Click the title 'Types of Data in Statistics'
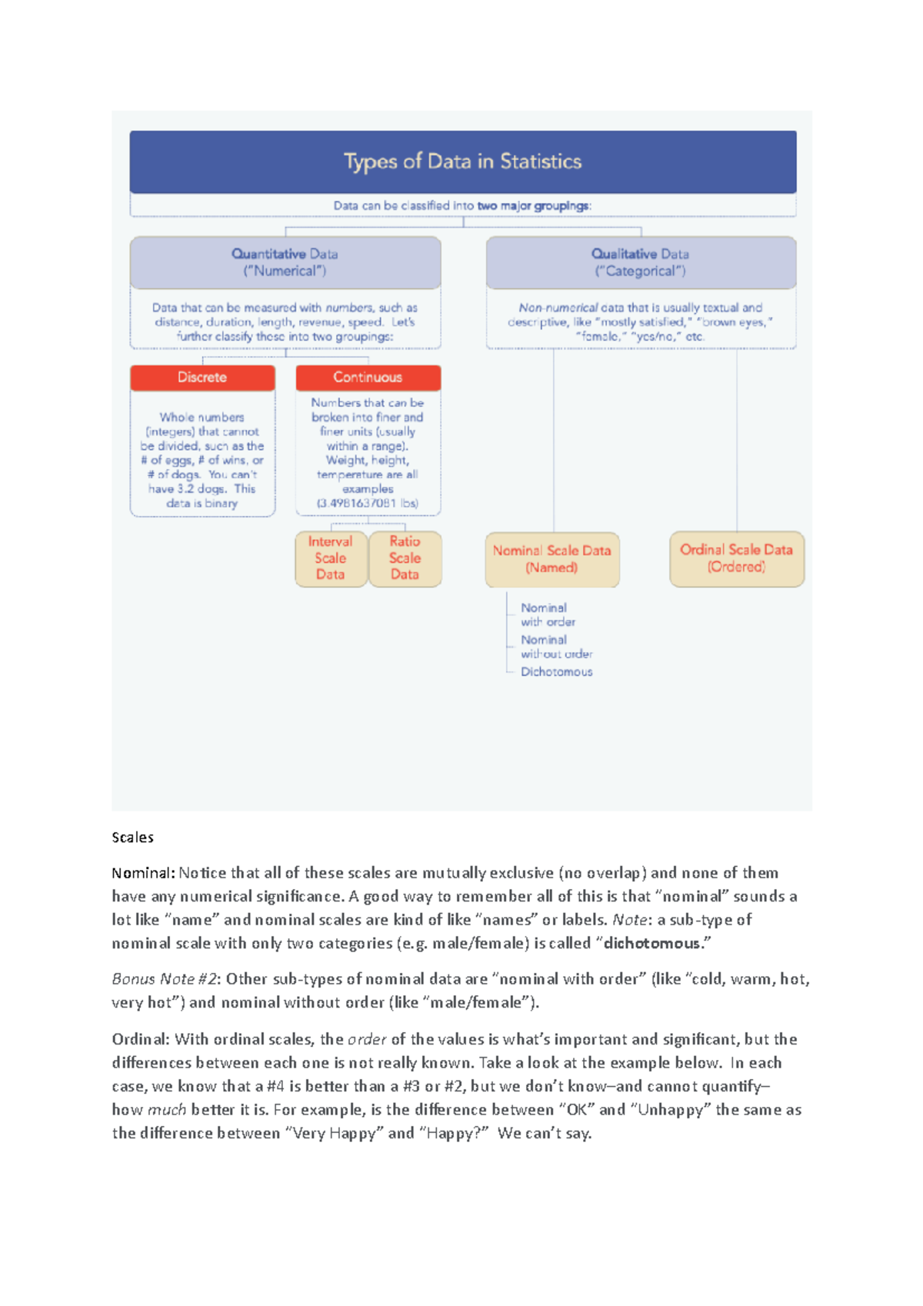(x=462, y=162)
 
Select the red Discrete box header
(x=202, y=378)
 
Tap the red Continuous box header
(x=368, y=378)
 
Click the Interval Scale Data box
(x=331, y=558)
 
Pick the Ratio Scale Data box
(x=405, y=558)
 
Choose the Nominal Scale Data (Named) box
(x=551, y=559)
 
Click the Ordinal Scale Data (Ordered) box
(x=736, y=558)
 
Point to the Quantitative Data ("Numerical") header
(x=285, y=262)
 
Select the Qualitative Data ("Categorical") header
(x=640, y=262)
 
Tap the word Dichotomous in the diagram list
(x=556, y=672)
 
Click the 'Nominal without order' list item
(x=555, y=647)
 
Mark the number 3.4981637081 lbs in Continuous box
(x=368, y=504)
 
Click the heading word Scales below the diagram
(x=132, y=838)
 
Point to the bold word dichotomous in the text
(x=651, y=943)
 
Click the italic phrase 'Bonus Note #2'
(x=165, y=979)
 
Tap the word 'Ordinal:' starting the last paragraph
(x=141, y=1039)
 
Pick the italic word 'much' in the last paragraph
(x=167, y=1110)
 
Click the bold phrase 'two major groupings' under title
(x=533, y=206)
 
